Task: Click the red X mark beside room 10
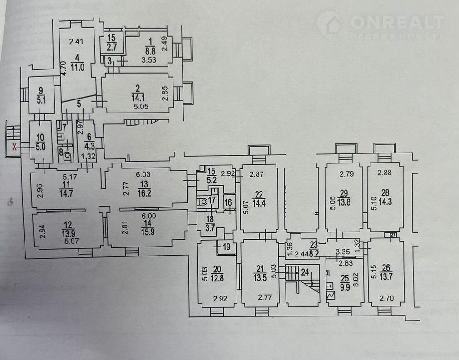pyautogui.click(x=15, y=147)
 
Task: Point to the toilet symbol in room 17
pyautogui.click(x=204, y=200)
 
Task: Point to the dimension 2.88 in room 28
pyautogui.click(x=385, y=173)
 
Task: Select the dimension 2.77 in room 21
pyautogui.click(x=265, y=297)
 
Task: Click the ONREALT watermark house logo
pyautogui.click(x=329, y=23)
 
